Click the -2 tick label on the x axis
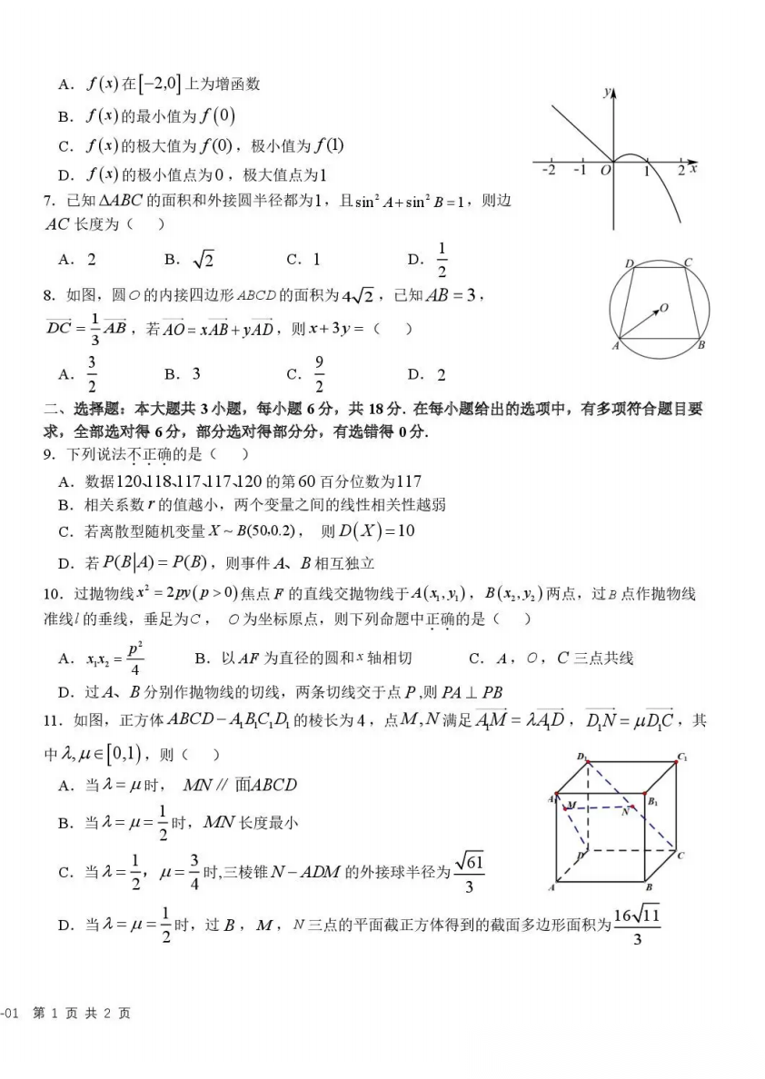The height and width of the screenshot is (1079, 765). click(x=548, y=171)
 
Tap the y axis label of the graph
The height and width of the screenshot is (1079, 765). click(x=606, y=92)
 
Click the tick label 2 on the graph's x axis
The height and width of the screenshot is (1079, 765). click(x=681, y=171)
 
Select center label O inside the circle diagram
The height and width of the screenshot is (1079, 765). click(x=664, y=309)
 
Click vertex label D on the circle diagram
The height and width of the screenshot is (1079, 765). click(x=629, y=263)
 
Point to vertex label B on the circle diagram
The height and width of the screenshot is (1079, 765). click(x=702, y=345)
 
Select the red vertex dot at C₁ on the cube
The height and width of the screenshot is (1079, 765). click(x=676, y=761)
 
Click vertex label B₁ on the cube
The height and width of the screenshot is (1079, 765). click(x=652, y=802)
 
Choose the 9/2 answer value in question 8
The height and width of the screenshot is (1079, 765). click(x=319, y=373)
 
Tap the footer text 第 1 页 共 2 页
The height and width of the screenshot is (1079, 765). click(x=82, y=1013)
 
